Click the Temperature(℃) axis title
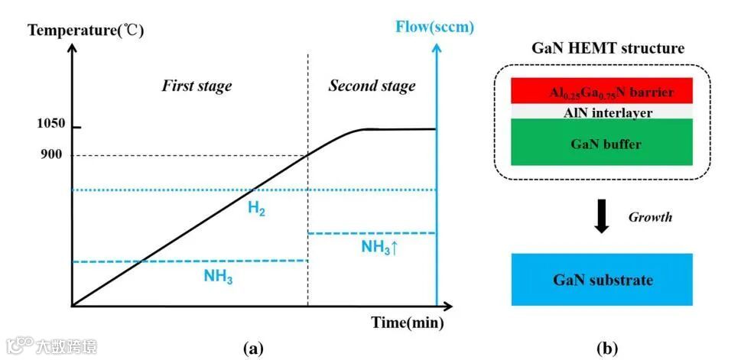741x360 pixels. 84,31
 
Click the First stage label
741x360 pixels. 196,86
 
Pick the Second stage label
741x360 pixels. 372,85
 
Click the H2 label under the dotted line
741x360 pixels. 257,209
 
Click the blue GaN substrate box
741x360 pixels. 603,280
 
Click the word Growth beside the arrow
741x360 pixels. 650,217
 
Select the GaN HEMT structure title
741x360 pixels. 607,48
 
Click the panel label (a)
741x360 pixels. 252,349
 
